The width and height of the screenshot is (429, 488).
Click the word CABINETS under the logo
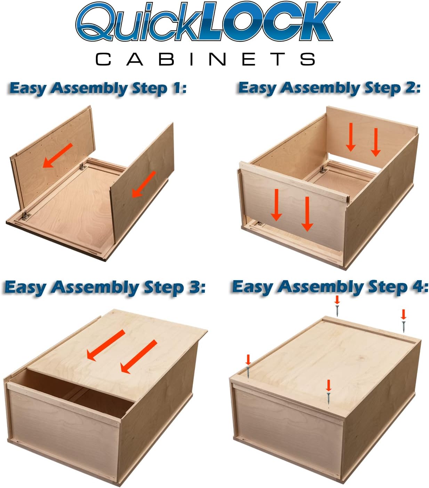point(205,59)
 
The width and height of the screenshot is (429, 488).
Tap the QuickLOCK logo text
point(208,21)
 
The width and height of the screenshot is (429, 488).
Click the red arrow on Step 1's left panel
point(57,155)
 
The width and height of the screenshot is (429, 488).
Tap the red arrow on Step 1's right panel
point(144,184)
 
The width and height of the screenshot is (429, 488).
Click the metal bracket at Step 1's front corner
point(25,215)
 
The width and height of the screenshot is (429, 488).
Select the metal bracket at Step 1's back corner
point(82,166)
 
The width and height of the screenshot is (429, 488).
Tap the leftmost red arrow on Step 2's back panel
point(351,137)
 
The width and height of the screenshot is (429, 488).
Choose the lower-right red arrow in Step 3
point(139,357)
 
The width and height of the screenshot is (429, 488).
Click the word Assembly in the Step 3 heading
point(95,288)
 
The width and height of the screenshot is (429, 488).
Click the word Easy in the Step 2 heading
point(257,88)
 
